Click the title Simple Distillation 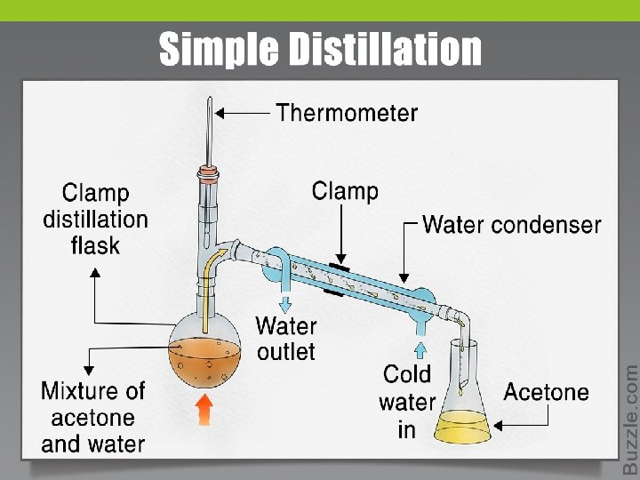click(x=320, y=49)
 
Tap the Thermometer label click(x=346, y=113)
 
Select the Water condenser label click(x=511, y=224)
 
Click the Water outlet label click(x=285, y=339)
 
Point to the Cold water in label click(x=406, y=401)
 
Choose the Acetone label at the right click(x=546, y=392)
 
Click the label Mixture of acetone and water click(x=93, y=417)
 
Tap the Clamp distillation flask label click(x=95, y=219)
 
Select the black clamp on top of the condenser click(x=338, y=265)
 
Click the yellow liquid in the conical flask click(x=462, y=425)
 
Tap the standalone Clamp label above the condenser click(x=345, y=190)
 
